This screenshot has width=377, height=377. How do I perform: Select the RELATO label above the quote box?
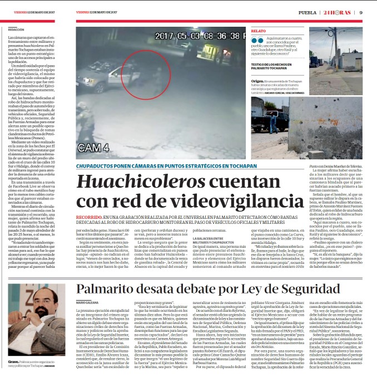(x=259, y=31)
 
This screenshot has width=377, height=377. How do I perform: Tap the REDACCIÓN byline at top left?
(x=16, y=30)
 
